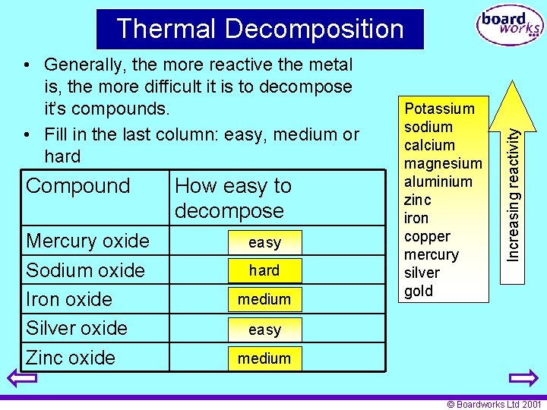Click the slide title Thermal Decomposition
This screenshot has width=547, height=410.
tap(260, 29)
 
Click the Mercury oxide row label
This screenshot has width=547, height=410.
tap(87, 241)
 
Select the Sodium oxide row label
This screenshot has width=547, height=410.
tap(85, 270)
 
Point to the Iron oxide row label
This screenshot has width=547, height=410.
tap(69, 299)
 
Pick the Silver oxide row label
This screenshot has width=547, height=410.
tap(77, 328)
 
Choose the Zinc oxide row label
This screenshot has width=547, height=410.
tap(71, 358)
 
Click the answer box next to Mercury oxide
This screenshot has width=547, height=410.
tap(264, 243)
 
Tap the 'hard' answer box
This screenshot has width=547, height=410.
tap(264, 270)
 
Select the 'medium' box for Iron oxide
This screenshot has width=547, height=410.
tap(264, 299)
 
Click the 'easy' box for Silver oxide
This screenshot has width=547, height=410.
tap(264, 330)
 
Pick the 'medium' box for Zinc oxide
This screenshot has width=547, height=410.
tap(264, 358)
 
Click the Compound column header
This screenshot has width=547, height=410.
tap(78, 186)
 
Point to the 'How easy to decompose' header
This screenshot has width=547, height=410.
tap(232, 198)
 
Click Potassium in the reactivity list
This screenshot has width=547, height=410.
tap(439, 109)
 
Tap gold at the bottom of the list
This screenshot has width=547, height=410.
tap(419, 291)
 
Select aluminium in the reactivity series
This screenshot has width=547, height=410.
tap(438, 181)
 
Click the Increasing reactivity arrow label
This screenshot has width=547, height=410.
tap(514, 194)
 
